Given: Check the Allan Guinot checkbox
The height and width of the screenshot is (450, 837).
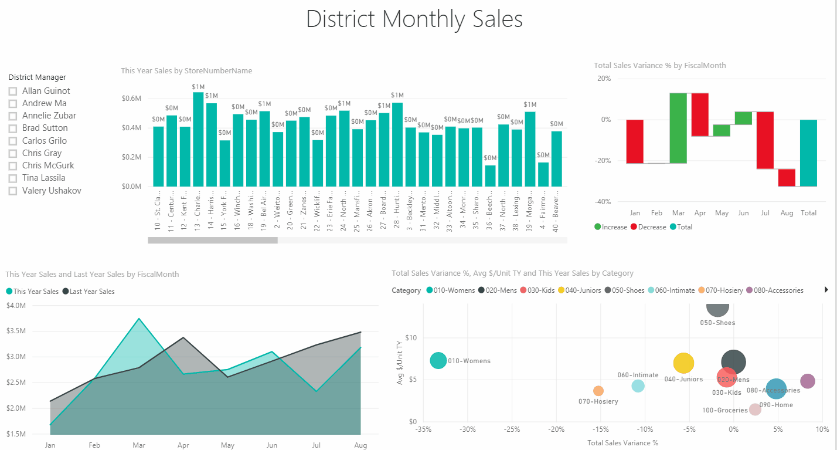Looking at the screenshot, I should (x=13, y=91).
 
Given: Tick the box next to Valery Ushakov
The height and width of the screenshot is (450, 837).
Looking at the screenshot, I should (x=13, y=191).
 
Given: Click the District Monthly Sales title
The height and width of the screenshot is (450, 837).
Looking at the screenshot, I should (x=414, y=19).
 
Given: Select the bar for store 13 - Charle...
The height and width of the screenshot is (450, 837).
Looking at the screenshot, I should (x=198, y=140).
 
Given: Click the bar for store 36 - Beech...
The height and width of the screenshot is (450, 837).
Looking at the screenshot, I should (x=490, y=176).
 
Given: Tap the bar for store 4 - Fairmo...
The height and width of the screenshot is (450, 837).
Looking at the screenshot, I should (x=543, y=174).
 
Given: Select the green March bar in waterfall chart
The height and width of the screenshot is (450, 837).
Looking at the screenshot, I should (x=678, y=128).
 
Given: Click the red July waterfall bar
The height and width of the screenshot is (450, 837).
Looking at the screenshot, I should (x=765, y=140).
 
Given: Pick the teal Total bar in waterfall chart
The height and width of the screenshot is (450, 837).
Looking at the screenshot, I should (x=808, y=153).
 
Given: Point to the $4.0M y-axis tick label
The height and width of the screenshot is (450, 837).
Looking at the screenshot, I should (x=16, y=305).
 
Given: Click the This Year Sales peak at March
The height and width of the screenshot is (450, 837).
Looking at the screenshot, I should (x=139, y=319).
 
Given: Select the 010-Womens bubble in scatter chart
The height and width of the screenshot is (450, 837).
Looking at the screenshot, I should (x=438, y=361).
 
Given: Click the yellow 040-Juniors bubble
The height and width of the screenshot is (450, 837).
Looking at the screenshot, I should (x=683, y=364).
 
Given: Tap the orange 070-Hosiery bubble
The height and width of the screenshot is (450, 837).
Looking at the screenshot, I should (x=598, y=391).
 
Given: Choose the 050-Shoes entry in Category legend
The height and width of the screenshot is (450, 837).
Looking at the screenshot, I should (x=628, y=290).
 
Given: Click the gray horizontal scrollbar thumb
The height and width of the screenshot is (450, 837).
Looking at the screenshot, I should (x=212, y=240).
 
